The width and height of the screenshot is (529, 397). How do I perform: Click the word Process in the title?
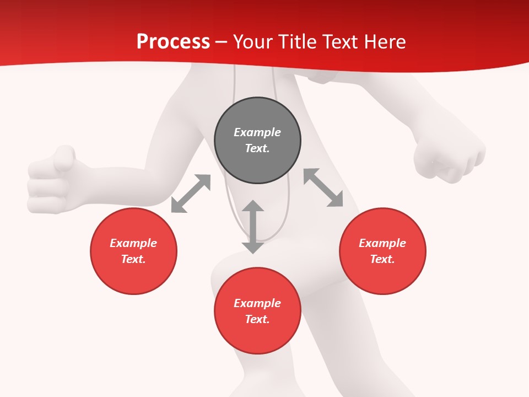(173, 42)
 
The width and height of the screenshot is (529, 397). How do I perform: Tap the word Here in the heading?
(384, 42)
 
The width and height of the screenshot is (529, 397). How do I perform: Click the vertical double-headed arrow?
(253, 227)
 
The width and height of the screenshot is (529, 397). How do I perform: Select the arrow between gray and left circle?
(191, 194)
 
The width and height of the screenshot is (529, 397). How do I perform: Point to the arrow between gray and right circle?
(323, 187)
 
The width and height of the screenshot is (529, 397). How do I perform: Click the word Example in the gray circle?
(257, 132)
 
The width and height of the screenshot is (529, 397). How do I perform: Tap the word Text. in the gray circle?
(257, 148)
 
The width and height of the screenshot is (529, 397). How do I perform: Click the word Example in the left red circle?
(133, 243)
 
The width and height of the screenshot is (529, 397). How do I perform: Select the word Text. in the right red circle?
(382, 259)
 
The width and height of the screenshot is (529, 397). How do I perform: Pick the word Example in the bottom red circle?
(257, 303)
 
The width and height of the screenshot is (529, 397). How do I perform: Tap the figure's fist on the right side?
(449, 157)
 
